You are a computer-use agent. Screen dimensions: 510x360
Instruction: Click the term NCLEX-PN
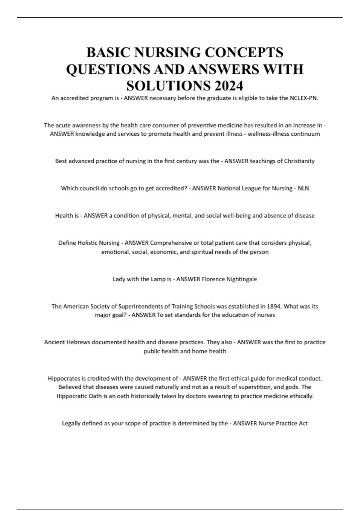coord(304,98)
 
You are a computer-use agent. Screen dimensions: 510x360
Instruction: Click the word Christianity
coord(298,161)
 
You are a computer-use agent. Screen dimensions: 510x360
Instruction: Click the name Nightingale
coord(241,279)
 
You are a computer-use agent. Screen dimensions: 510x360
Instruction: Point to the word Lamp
coord(158,279)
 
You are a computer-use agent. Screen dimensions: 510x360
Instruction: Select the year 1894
coord(274,306)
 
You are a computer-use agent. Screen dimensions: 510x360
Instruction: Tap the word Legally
coord(71,423)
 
